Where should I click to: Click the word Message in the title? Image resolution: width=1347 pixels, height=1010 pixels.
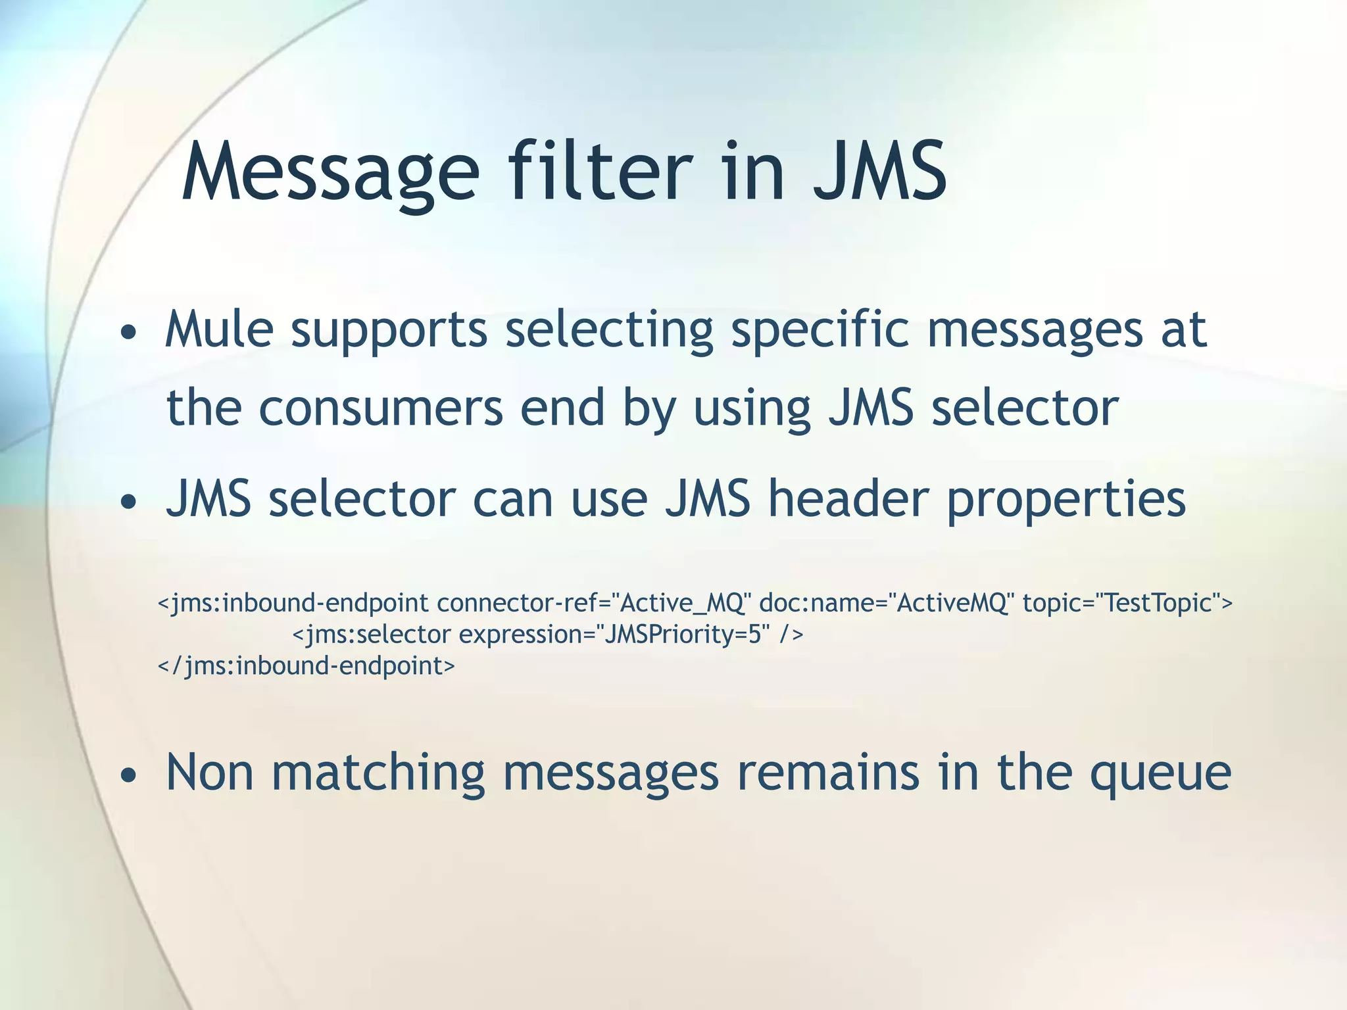click(x=330, y=172)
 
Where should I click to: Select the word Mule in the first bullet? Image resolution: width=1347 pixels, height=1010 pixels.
click(x=218, y=329)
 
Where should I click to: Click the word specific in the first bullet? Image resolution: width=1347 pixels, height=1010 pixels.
click(x=820, y=330)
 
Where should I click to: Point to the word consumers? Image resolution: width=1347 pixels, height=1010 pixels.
click(x=381, y=408)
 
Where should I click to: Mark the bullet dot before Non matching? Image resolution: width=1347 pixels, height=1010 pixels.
click(x=129, y=776)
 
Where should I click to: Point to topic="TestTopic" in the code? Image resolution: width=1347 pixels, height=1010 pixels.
click(x=1127, y=602)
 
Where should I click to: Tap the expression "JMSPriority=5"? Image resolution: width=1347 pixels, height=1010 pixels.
click(x=682, y=635)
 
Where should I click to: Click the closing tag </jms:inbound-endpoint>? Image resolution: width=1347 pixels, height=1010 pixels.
click(x=306, y=666)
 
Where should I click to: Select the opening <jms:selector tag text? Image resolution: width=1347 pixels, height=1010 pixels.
click(x=371, y=635)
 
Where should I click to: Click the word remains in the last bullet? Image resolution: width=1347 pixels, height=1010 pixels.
click(x=828, y=773)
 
